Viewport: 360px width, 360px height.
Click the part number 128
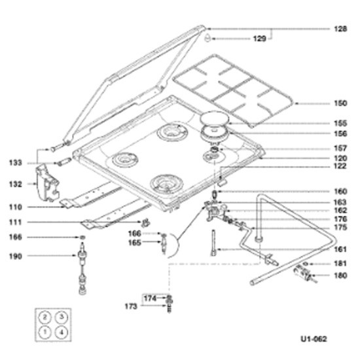point(340,29)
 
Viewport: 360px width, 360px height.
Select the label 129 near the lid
point(259,39)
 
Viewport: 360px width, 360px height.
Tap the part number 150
point(340,103)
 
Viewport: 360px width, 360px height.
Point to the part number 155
point(340,123)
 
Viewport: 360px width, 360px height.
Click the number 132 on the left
point(16,184)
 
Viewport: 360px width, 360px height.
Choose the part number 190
point(16,256)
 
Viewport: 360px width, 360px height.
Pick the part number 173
point(131,306)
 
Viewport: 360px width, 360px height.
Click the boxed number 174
point(150,298)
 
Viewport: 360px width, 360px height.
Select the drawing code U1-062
point(314,339)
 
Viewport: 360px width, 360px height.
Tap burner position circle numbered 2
point(45,317)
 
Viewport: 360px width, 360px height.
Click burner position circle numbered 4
point(62,333)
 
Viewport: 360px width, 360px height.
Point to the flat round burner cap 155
point(215,118)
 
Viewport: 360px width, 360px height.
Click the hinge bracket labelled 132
point(47,183)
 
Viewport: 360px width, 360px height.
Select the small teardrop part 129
point(207,38)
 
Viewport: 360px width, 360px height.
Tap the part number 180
point(340,276)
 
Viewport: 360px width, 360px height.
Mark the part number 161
point(340,249)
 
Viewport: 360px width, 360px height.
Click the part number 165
point(135,242)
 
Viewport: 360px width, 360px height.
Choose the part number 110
point(16,207)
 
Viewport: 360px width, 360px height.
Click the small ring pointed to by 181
point(305,264)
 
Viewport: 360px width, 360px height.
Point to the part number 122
point(340,166)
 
